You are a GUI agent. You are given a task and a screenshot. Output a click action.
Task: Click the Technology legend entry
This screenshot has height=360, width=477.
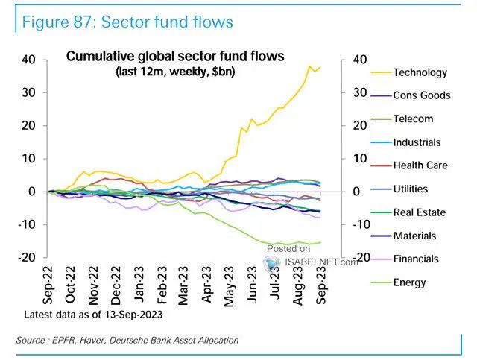[420, 72]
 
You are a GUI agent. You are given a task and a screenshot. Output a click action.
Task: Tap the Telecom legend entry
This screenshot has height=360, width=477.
[413, 119]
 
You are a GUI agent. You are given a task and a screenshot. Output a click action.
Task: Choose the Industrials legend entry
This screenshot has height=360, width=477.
[417, 142]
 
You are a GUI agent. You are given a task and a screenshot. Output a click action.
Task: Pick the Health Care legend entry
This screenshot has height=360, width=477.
[420, 165]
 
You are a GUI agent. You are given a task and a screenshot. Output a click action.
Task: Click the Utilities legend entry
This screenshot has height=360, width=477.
[411, 189]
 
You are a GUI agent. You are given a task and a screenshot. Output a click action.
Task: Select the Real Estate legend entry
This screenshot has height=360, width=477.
[419, 212]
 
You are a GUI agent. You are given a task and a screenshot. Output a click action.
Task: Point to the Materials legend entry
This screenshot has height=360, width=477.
[414, 236]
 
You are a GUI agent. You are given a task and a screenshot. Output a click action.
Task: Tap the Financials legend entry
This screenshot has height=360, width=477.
[416, 259]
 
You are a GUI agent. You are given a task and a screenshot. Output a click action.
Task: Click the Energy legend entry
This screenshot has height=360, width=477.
[409, 282]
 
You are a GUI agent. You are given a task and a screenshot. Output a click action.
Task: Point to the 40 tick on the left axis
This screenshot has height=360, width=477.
[31, 60]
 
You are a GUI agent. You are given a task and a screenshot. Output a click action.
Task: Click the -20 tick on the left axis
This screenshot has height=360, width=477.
[28, 257]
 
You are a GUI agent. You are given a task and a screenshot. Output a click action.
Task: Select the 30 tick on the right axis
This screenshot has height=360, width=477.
[359, 93]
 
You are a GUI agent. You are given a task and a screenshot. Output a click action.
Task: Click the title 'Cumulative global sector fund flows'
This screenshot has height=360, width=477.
[175, 57]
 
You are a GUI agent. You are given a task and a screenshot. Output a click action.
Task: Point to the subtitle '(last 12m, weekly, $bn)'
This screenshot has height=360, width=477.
[175, 72]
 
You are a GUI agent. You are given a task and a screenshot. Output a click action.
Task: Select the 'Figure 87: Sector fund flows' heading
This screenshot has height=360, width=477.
[127, 22]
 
